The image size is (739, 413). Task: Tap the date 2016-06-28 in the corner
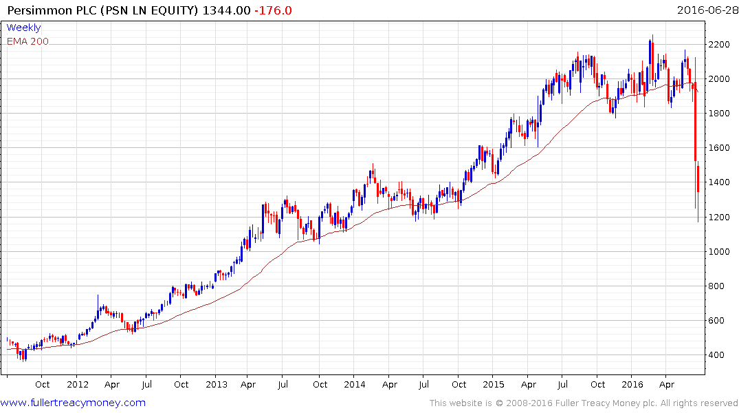click(705, 10)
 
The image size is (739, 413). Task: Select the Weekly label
click(23, 28)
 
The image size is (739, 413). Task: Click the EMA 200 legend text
click(27, 41)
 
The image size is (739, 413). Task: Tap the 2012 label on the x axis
click(77, 384)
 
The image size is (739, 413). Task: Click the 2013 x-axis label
click(216, 384)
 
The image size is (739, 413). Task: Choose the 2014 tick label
click(355, 384)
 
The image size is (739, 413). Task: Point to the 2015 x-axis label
click(494, 384)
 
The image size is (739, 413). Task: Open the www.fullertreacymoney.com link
click(73, 403)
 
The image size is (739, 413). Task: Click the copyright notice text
click(584, 403)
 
